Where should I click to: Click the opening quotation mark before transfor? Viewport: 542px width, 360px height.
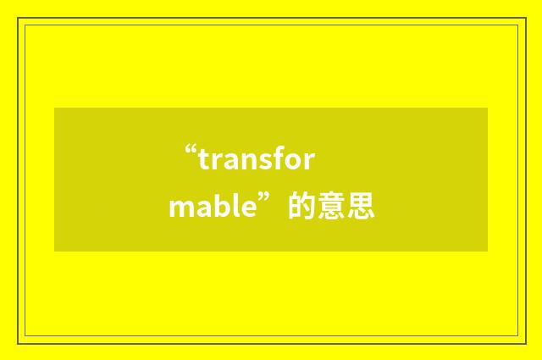[x=191, y=154]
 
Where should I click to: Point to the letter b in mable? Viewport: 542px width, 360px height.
[x=219, y=207]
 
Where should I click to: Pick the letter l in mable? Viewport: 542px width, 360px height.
[x=233, y=207]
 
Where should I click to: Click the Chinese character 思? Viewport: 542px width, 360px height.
[x=360, y=207]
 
